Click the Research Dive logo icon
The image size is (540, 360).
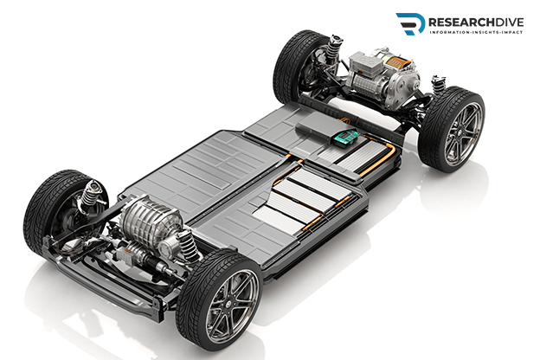point(410,23)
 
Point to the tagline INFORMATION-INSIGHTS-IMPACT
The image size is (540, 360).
point(476,32)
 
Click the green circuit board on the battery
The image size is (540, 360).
point(345,138)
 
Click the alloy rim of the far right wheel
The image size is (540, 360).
point(464,134)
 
